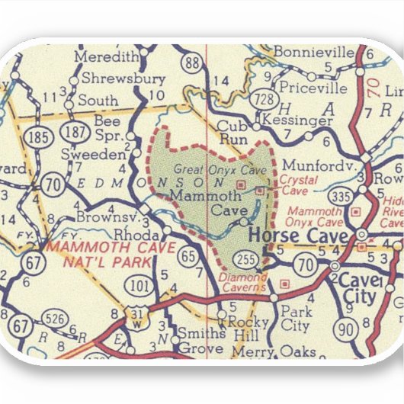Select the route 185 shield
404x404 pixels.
pyautogui.click(x=35, y=137)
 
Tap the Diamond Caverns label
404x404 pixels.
pyautogui.click(x=242, y=282)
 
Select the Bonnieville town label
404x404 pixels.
pyautogui.click(x=314, y=53)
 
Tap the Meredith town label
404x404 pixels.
pyautogui.click(x=107, y=56)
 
